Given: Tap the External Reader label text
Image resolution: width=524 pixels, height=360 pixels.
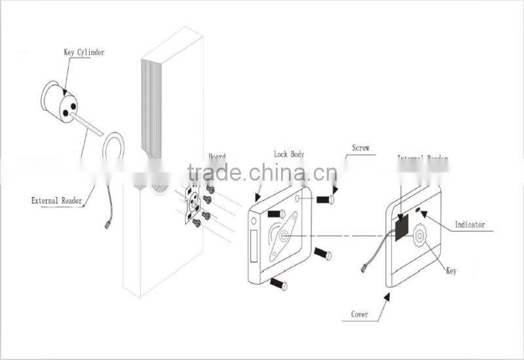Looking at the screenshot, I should [57, 201].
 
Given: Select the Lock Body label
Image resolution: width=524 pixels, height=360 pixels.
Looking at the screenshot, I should [289, 154].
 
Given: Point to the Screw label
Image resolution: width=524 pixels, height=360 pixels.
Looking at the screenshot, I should [360, 149].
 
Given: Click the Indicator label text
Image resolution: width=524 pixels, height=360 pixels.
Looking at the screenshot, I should [470, 225].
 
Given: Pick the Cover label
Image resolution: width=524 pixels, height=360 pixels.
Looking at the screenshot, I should [359, 315].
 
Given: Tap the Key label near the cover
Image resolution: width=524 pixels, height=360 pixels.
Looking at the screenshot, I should [451, 270].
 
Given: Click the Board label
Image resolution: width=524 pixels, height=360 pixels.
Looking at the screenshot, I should [217, 157].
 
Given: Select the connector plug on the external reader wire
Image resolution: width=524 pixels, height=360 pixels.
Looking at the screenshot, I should [107, 226].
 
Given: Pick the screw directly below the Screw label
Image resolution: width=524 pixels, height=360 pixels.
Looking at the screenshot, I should [326, 199].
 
